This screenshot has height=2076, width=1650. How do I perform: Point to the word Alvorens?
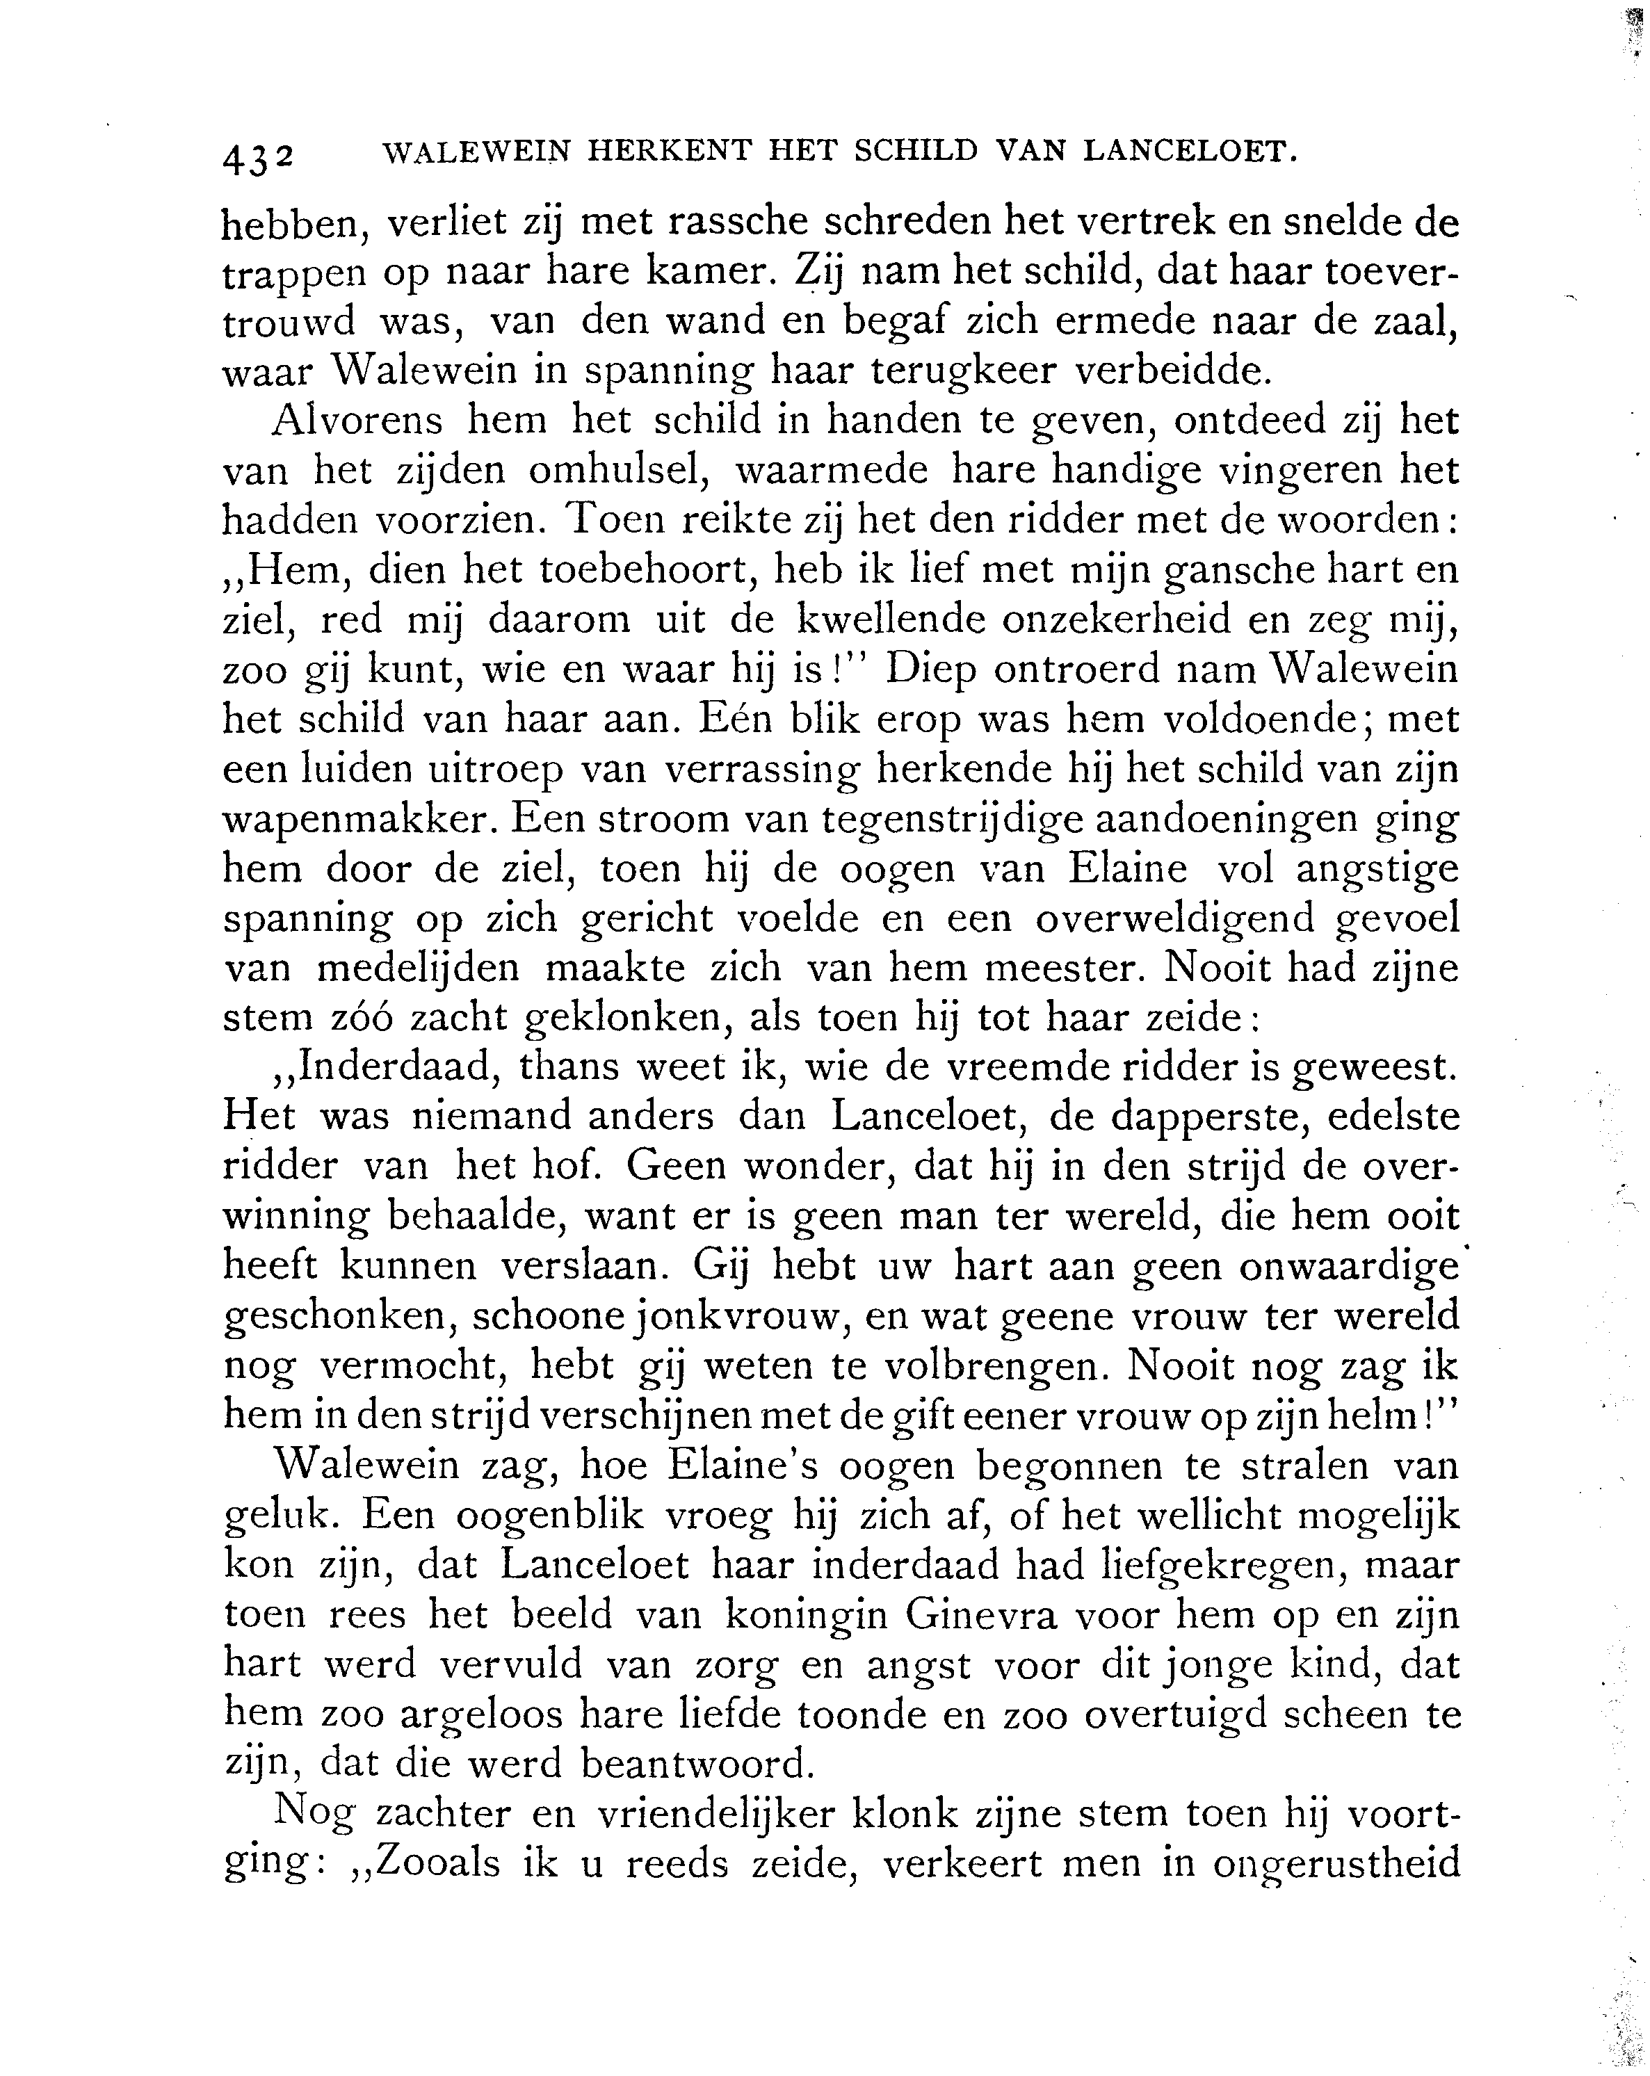[x=358, y=421]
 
